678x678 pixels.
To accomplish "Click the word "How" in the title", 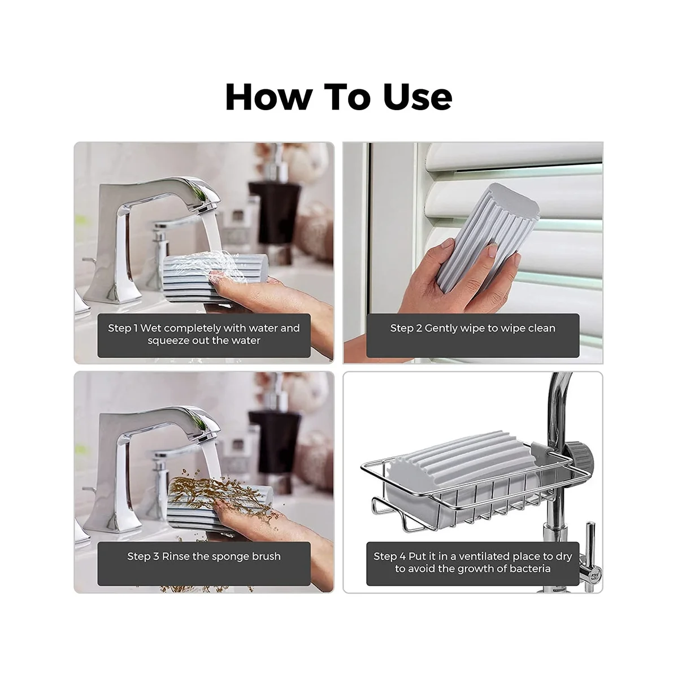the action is tap(269, 97).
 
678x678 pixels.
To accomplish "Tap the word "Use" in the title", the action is tap(418, 97).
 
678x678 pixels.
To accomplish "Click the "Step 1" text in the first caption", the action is tap(123, 328).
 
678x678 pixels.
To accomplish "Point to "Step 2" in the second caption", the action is tap(406, 328).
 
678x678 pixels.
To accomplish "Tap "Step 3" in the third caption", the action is tap(143, 557).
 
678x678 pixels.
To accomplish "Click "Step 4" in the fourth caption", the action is tap(389, 557).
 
